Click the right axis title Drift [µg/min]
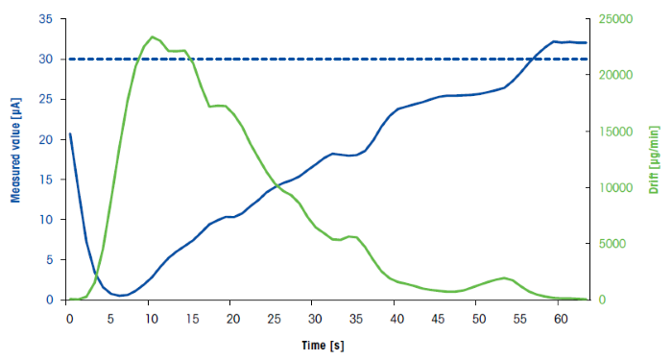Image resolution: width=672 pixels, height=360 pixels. point(656,159)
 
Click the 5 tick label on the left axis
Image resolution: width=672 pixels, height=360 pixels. point(50,259)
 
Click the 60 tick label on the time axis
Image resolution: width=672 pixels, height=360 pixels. point(560,318)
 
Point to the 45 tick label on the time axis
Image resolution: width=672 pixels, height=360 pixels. point(438,318)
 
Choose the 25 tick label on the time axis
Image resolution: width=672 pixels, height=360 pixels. point(274,318)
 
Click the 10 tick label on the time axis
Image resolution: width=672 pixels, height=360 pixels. point(150,318)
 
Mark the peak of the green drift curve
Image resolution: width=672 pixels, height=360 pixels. point(153,36)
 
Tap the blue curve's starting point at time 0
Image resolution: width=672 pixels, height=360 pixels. point(70,133)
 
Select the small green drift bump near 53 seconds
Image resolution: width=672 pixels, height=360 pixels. point(503,277)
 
